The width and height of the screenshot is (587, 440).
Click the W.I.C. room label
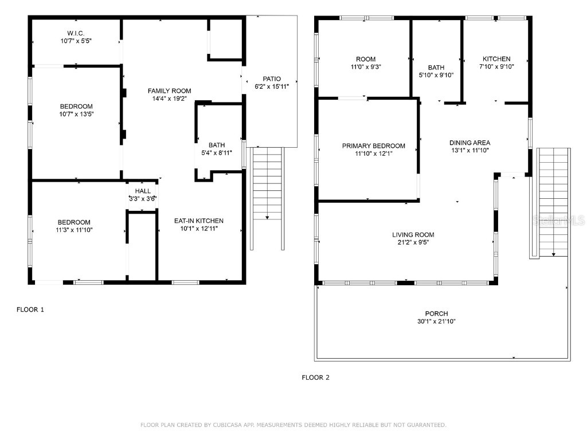pyautogui.click(x=76, y=33)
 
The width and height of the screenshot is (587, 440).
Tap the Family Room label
pyautogui.click(x=169, y=91)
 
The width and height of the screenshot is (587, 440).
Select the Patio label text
pyautogui.click(x=272, y=78)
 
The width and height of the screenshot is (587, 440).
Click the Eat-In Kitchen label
pyautogui.click(x=198, y=221)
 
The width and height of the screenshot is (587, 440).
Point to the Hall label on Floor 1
pyautogui.click(x=143, y=191)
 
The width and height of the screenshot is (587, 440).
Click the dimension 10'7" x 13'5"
pyautogui.click(x=76, y=114)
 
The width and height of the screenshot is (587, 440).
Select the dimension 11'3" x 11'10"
pyautogui.click(x=73, y=230)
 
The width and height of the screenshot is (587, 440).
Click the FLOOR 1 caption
pyautogui.click(x=30, y=309)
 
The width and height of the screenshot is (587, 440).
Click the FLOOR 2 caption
pyautogui.click(x=316, y=378)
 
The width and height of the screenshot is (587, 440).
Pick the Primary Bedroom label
pyautogui.click(x=373, y=146)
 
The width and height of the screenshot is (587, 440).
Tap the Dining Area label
pyautogui.click(x=469, y=143)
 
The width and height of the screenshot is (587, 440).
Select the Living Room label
pyautogui.click(x=413, y=234)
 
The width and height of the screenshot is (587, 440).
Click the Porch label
pyautogui.click(x=436, y=313)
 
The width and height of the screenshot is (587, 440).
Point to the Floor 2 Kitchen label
pyautogui.click(x=496, y=58)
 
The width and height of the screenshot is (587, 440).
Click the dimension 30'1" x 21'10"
pyautogui.click(x=436, y=321)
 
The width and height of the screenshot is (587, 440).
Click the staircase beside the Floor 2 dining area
pyautogui.click(x=553, y=201)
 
